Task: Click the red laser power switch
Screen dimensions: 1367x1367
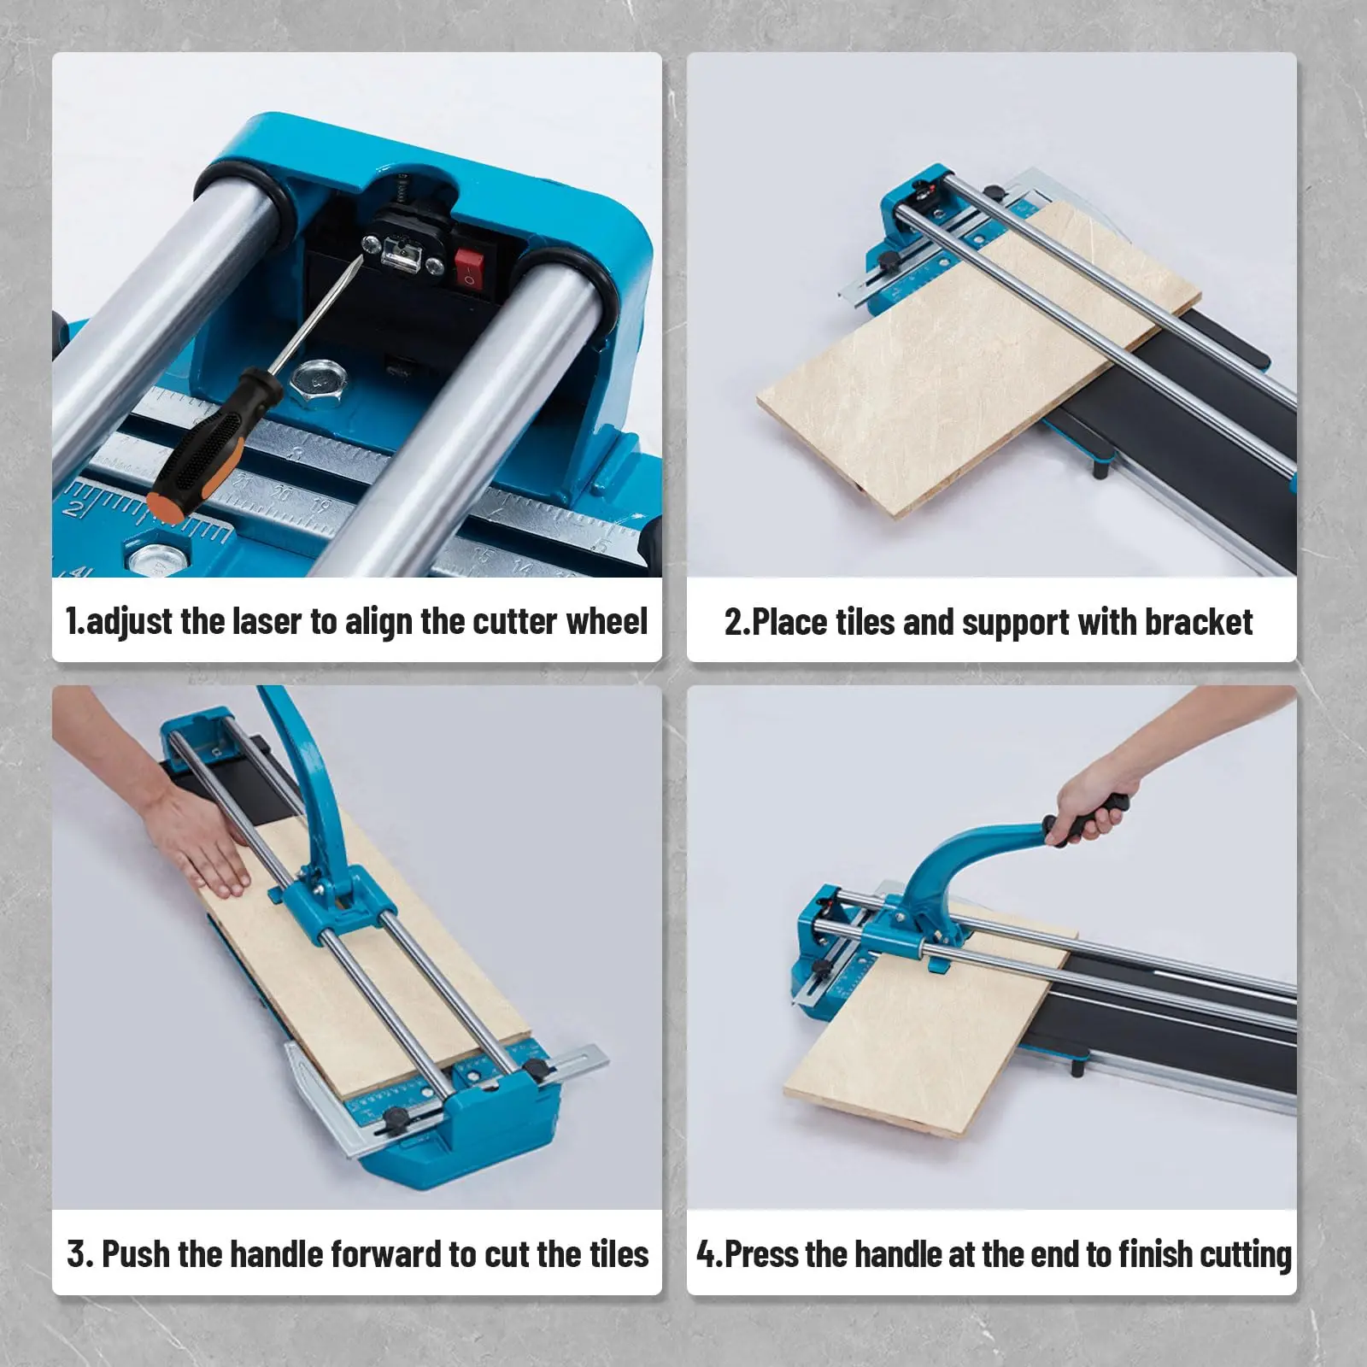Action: click(x=466, y=267)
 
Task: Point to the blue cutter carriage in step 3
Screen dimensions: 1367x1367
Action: click(x=329, y=906)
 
